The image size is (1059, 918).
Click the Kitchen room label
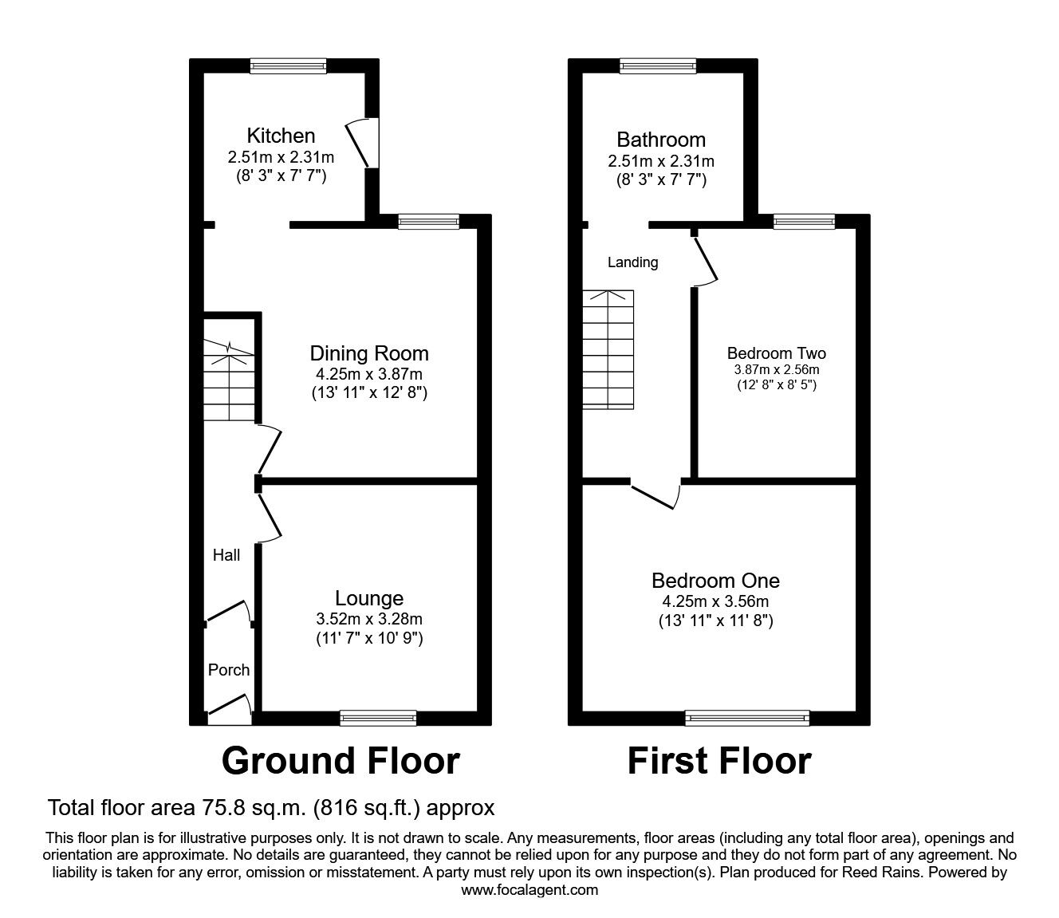[280, 136]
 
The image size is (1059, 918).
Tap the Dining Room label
[368, 353]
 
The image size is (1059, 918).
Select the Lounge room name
[368, 598]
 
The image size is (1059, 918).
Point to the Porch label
[229, 670]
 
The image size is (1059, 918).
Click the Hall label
[226, 555]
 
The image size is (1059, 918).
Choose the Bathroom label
[660, 140]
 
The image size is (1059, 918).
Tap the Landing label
[632, 262]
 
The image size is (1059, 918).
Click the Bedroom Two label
[776, 353]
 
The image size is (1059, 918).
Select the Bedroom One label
[715, 581]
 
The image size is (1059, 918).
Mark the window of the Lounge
[378, 718]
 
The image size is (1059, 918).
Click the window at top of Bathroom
[658, 67]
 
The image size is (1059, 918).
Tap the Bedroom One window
[747, 719]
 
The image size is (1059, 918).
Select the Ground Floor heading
[341, 761]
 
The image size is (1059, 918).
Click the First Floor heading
[718, 761]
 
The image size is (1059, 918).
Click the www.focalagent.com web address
[529, 889]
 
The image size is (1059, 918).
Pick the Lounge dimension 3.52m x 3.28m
[368, 619]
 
